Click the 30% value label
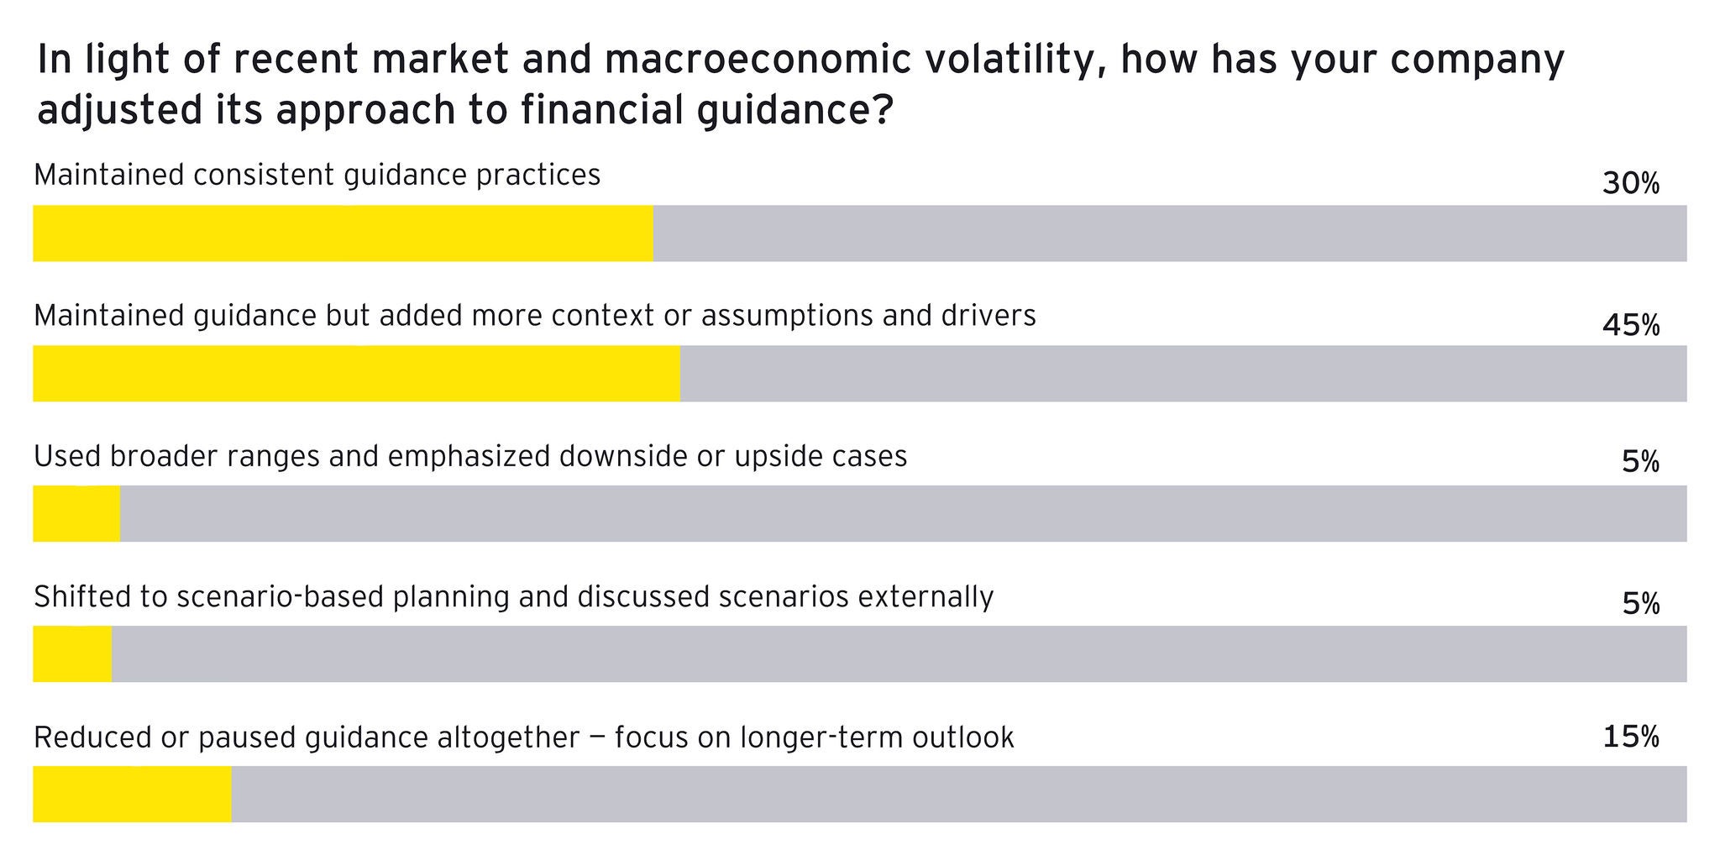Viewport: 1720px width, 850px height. [x=1630, y=183]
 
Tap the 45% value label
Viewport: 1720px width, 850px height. [x=1630, y=324]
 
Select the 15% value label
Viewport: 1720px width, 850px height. [x=1630, y=737]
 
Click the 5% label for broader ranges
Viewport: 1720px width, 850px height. [x=1639, y=462]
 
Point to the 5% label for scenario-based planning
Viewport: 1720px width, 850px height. [x=1639, y=603]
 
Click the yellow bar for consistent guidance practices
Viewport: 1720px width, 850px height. [x=343, y=233]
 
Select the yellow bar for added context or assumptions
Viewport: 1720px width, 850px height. [x=356, y=373]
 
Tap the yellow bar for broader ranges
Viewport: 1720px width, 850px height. [x=76, y=513]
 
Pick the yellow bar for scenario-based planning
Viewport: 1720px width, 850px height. [x=72, y=653]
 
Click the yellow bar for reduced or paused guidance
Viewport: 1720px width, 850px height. [x=132, y=794]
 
